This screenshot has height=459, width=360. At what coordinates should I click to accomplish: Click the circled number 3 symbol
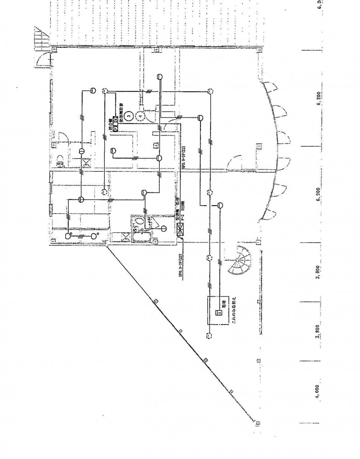129,117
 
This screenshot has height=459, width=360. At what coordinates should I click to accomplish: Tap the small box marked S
219,313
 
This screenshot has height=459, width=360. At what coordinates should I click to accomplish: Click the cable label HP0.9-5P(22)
183,158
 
